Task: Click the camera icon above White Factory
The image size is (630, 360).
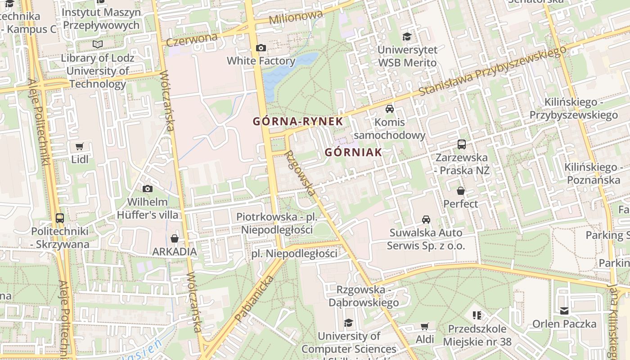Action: click(261, 48)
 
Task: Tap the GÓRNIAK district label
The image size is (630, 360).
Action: click(353, 152)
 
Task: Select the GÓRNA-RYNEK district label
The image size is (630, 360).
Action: click(298, 121)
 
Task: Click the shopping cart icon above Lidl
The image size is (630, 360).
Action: click(80, 146)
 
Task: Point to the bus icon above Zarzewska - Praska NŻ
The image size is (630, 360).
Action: click(462, 144)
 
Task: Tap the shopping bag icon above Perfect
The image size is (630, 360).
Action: click(461, 191)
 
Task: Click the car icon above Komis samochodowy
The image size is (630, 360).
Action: click(390, 109)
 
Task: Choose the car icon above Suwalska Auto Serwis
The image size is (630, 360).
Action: click(426, 220)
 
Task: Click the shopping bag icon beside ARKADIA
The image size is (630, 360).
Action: click(175, 238)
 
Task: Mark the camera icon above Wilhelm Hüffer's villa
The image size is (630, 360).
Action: click(148, 189)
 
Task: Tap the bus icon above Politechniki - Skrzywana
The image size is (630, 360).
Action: click(60, 218)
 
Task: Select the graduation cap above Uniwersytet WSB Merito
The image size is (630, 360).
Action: click(407, 36)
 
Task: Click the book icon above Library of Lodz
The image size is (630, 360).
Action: click(98, 44)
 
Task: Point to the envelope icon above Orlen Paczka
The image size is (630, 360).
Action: click(564, 310)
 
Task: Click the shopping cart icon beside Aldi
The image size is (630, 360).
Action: click(424, 326)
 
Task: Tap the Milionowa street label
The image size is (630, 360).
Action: click(296, 18)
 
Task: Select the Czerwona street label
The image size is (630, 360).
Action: click(192, 40)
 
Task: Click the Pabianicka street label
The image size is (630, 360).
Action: click(254, 300)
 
